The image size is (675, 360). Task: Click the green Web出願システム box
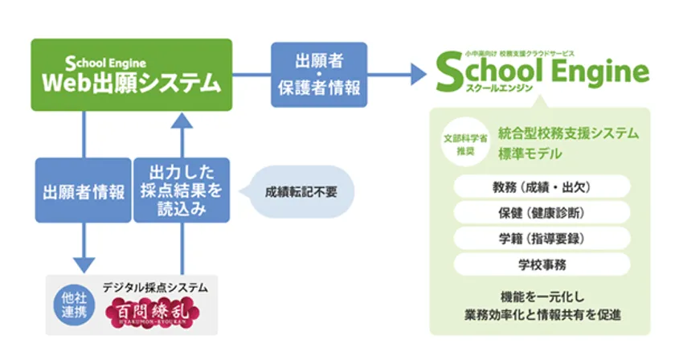pos(132,75)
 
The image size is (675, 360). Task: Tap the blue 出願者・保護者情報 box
pos(320,74)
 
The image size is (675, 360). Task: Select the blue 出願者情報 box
pos(84,190)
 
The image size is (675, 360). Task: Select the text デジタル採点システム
pos(155,287)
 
